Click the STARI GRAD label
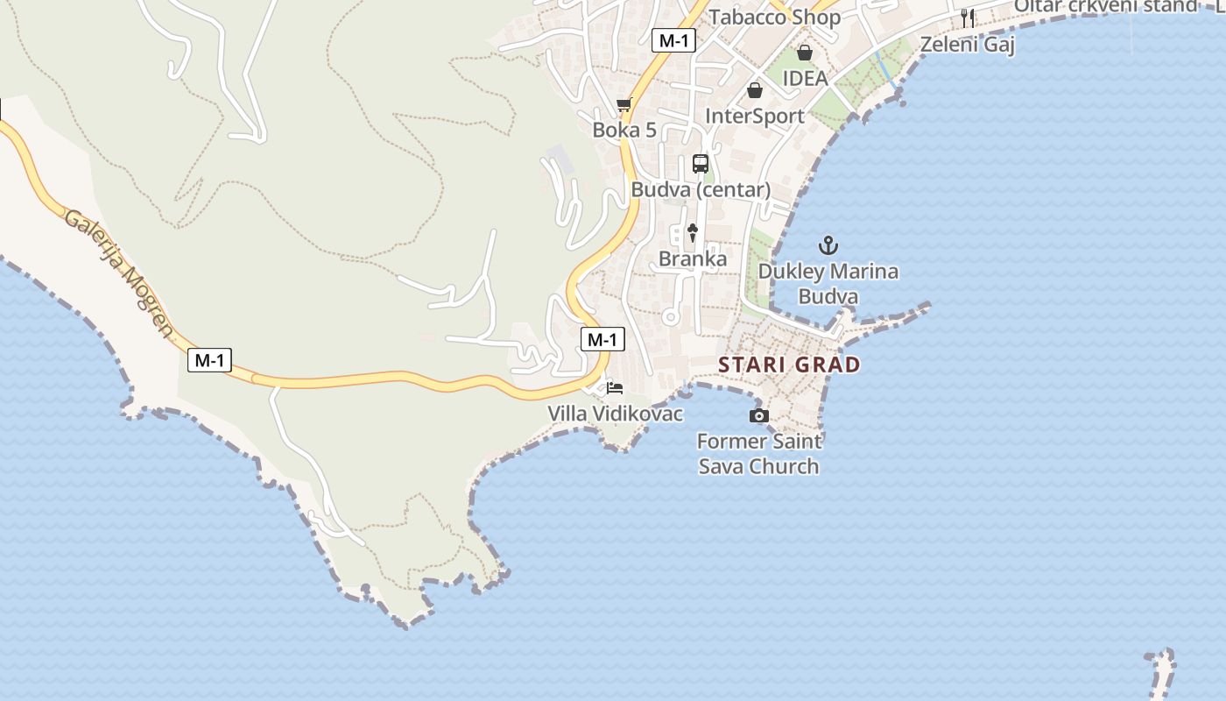[789, 365]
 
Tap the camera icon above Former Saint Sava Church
[759, 415]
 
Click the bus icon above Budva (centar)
[701, 163]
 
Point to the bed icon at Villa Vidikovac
[615, 387]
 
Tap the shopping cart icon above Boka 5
[624, 105]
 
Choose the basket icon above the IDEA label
[804, 53]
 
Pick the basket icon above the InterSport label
[754, 90]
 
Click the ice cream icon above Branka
[693, 232]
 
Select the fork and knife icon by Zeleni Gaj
[968, 18]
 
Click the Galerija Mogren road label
[119, 273]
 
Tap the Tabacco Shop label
[774, 18]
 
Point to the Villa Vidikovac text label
[615, 414]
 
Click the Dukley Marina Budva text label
[828, 283]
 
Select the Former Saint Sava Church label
[759, 454]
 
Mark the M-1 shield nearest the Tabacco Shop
[673, 39]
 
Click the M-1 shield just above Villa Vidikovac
[602, 339]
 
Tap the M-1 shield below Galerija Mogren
[209, 359]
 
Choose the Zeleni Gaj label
[967, 44]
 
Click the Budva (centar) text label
[701, 189]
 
